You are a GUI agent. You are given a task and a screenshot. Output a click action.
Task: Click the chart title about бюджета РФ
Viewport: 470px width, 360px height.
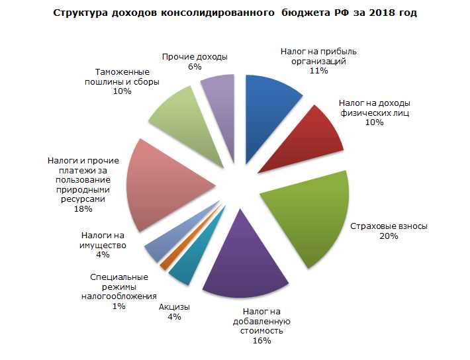click(x=235, y=13)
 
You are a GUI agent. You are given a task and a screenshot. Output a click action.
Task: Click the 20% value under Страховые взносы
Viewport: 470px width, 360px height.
click(x=389, y=236)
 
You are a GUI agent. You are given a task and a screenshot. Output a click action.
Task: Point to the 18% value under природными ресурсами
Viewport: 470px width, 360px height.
click(x=83, y=208)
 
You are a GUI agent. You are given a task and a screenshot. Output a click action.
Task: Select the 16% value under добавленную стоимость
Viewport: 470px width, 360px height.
click(x=261, y=340)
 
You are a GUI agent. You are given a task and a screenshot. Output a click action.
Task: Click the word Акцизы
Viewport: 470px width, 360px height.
click(x=174, y=307)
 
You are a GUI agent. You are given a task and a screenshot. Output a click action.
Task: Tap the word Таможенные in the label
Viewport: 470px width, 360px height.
click(x=122, y=71)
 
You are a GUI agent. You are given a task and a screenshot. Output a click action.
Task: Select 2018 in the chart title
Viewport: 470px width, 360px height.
click(x=376, y=13)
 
